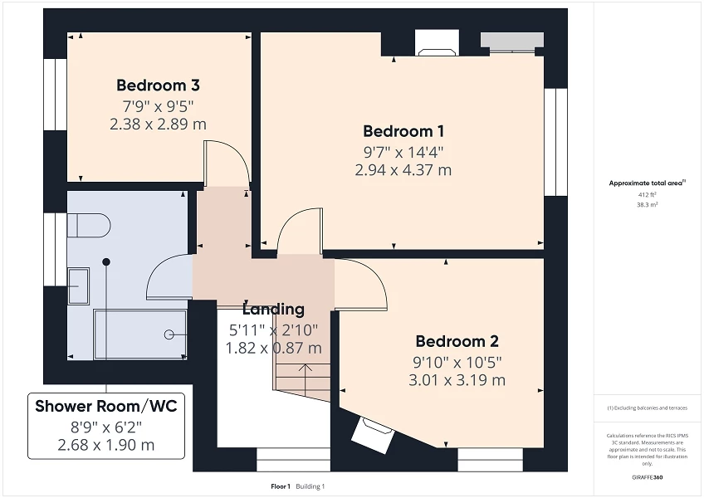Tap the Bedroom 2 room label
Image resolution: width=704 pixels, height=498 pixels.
[457, 341]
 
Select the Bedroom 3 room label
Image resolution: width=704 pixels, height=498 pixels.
[158, 85]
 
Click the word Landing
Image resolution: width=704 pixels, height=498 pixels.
[273, 310]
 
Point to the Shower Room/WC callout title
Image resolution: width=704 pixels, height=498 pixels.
[106, 406]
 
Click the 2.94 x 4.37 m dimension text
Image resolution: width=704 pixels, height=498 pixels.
[403, 170]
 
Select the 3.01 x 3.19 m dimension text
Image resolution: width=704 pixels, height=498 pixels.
[457, 380]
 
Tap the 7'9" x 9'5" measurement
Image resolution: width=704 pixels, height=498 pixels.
[158, 105]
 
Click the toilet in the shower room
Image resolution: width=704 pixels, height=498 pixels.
[87, 225]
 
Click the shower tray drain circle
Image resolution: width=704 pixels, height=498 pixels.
[169, 334]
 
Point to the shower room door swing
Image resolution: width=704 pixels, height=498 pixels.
[170, 276]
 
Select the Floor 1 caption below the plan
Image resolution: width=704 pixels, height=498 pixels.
[280, 486]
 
